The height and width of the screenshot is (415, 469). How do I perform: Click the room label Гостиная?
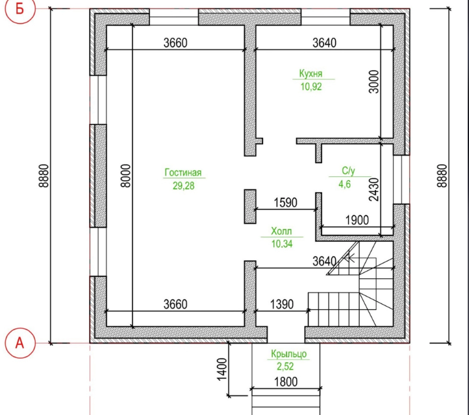183,172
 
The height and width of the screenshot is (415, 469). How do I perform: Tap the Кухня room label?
311,73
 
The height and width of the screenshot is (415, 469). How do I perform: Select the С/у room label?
348,171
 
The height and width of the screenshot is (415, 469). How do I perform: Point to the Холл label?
281,231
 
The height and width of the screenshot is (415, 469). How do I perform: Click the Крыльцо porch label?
289,354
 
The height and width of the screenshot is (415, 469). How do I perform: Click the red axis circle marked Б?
19,8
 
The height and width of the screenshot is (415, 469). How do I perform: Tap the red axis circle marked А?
19,343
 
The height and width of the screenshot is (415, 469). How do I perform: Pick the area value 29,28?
183,185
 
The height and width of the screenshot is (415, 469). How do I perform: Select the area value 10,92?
311,87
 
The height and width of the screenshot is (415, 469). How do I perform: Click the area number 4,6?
344,184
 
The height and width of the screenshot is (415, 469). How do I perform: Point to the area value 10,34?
282,244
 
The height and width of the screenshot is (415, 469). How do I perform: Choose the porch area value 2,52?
285,366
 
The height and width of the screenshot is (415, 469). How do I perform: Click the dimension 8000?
126,176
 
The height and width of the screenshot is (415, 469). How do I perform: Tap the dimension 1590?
286,202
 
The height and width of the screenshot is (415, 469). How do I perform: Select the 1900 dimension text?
357,220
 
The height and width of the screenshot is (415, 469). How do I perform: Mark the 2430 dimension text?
374,189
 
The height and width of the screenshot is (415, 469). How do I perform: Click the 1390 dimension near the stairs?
282,304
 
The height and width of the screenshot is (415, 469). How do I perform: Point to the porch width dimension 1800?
286,382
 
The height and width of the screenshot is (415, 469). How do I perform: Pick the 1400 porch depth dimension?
222,370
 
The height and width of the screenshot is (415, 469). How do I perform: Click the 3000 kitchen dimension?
374,82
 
